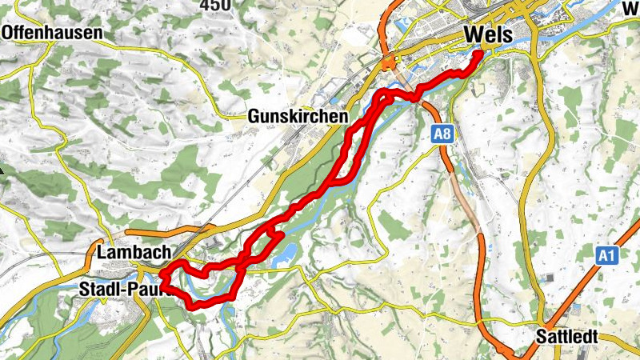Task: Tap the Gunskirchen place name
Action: [298, 117]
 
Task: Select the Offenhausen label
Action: [53, 33]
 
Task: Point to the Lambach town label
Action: [133, 252]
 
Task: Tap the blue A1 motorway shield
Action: [607, 255]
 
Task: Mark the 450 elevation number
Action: [216, 5]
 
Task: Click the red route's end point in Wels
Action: [478, 54]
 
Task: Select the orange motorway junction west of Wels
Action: [390, 63]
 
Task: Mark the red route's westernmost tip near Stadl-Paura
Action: [162, 274]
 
